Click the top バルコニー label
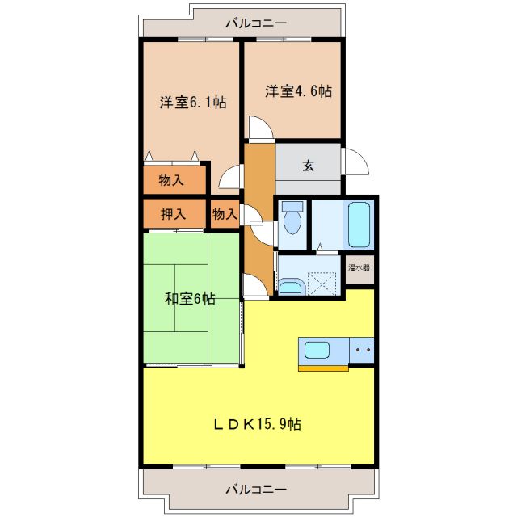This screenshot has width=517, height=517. (256, 23)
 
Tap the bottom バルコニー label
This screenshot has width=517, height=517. (256, 489)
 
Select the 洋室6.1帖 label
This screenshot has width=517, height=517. (192, 103)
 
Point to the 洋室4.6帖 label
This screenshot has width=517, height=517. (298, 91)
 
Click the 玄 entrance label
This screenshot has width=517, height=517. (308, 166)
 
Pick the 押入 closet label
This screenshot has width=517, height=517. (173, 214)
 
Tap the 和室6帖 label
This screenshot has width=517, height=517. (191, 298)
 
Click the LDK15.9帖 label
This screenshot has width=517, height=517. (258, 423)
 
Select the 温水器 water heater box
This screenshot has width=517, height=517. (359, 267)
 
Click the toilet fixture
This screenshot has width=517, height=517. (292, 217)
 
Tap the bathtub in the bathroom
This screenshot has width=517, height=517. (359, 225)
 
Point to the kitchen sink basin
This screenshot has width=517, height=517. (315, 351)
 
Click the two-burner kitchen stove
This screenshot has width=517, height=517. (361, 351)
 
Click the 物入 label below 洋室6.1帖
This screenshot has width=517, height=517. (171, 180)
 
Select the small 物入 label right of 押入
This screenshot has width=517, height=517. (225, 214)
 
